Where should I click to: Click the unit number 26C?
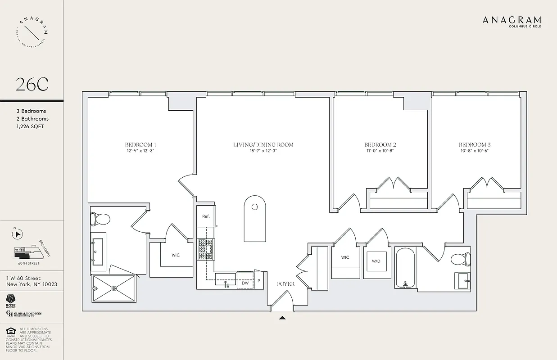click(32, 84)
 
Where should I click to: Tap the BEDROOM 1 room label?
click(140, 144)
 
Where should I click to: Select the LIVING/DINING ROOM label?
click(263, 144)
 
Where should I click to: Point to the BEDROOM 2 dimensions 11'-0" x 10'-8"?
click(380, 151)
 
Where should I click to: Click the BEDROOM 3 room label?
click(475, 144)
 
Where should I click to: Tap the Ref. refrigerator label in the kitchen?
click(206, 216)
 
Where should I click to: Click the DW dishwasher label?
click(245, 283)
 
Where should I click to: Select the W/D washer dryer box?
click(376, 261)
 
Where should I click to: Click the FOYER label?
click(285, 284)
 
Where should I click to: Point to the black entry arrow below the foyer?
click(282, 318)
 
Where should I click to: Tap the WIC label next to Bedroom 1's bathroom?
click(176, 255)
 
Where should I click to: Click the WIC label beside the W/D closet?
click(345, 257)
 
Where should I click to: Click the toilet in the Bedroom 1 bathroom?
click(100, 220)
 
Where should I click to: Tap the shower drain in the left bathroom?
click(114, 288)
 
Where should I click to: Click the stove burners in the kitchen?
click(206, 249)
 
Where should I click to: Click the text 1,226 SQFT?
click(30, 126)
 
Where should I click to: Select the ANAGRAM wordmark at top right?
click(512, 20)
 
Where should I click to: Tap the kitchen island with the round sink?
click(255, 219)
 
